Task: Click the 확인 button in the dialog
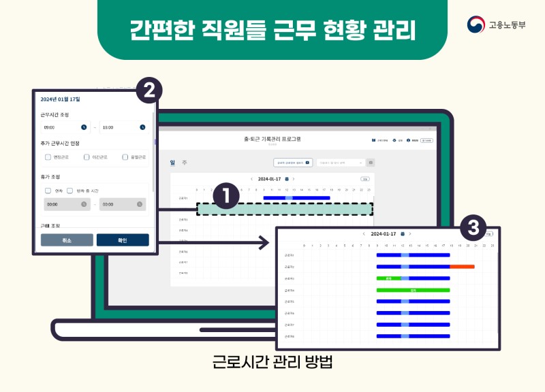point(123,240)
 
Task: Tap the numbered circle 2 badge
point(149,90)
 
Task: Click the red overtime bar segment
point(462,266)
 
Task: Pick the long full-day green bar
point(413,290)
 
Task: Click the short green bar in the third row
point(388,278)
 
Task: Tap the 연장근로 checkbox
point(48,157)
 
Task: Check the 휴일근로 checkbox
point(125,157)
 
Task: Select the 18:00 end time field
point(123,127)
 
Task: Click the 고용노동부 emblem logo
point(476,25)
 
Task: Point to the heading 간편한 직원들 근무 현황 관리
point(272,30)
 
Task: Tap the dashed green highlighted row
point(285,209)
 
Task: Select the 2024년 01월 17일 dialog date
point(61,99)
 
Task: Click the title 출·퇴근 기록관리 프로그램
point(272,139)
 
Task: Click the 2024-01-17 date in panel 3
point(383,234)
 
